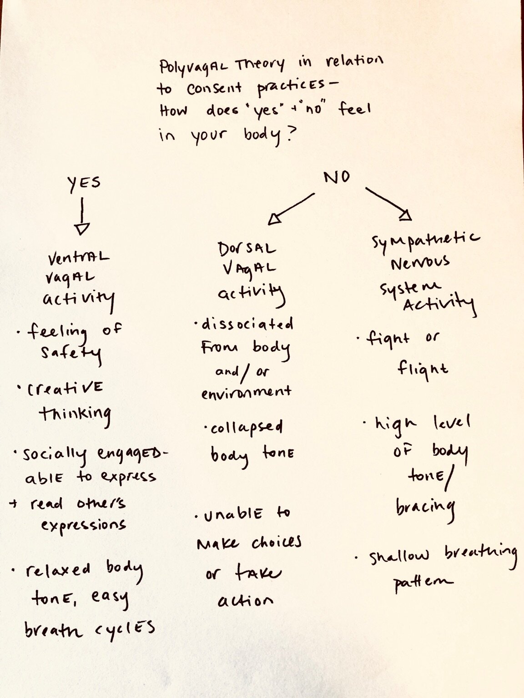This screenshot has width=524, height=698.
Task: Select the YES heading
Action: (84, 183)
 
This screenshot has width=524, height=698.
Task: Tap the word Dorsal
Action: (246, 248)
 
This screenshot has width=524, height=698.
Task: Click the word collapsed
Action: (246, 428)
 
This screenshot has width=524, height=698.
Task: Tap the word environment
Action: (246, 391)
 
